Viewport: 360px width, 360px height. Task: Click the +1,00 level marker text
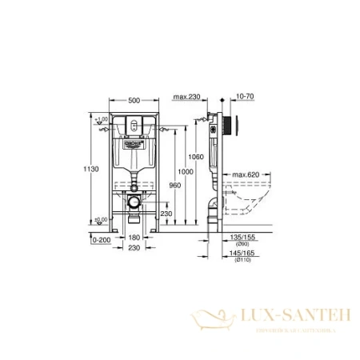tap(102, 119)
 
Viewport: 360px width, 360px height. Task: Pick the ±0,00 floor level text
tap(102, 220)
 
